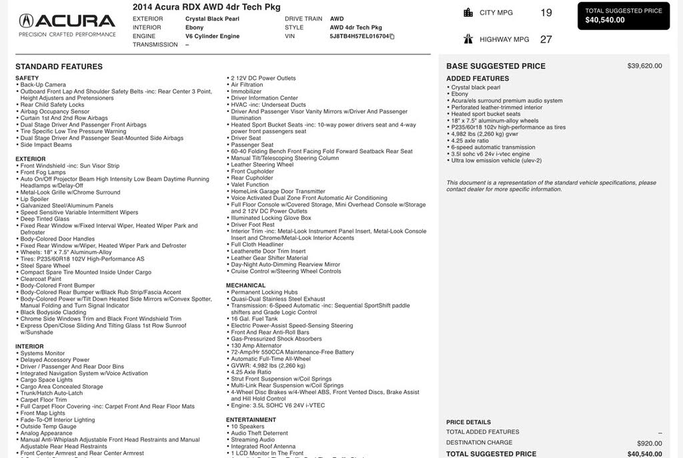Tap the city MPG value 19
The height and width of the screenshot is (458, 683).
coord(546,13)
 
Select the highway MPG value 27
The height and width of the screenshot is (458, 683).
coord(546,39)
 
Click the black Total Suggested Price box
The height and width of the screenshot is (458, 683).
coord(624,15)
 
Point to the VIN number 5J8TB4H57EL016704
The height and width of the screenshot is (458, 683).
coord(359,37)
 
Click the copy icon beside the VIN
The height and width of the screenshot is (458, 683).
coord(392,37)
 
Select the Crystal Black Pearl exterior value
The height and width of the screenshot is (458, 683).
coord(212,19)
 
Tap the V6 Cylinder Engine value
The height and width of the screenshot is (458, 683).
coord(212,36)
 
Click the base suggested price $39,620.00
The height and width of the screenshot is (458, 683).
coord(644,66)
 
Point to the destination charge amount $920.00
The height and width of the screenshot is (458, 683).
coord(649,443)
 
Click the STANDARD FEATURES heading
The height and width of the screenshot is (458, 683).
coord(59,67)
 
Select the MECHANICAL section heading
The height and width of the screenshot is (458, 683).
coord(245,285)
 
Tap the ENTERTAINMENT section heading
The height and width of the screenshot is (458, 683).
coord(251,420)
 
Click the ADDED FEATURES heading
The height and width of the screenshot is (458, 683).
coord(477,79)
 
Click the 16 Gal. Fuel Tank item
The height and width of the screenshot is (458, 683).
coord(254,319)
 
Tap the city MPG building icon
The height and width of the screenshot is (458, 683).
coord(468,13)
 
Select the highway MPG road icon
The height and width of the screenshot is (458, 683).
coord(468,39)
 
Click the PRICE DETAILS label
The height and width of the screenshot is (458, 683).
coord(468,422)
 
